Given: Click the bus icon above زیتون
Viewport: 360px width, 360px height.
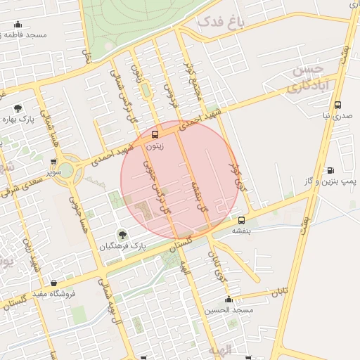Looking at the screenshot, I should (155, 134).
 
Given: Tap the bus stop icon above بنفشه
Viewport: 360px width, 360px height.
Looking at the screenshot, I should (242, 220).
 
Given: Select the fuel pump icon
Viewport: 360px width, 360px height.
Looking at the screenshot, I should (330, 170).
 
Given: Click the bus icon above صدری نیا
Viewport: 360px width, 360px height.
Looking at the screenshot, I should (338, 105).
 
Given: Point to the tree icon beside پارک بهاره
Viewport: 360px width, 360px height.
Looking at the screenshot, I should (17, 108).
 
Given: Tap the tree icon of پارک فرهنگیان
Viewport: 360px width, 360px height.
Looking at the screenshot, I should (122, 234).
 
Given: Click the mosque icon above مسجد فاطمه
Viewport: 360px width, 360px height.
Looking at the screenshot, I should (18, 25).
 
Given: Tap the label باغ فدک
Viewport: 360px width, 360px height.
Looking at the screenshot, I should (220, 22).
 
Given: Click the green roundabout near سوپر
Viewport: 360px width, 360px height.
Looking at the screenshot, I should (65, 169).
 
